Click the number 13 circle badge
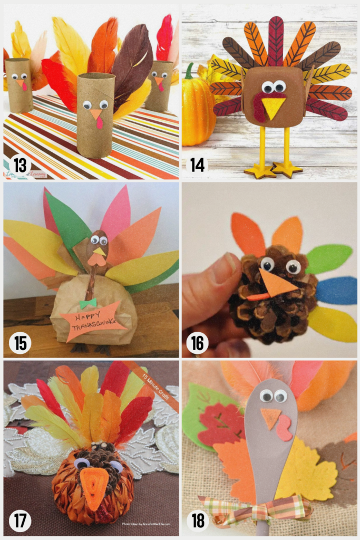point(20,165)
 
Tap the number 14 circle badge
point(198,165)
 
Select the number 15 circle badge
point(20,343)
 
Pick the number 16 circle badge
point(198,343)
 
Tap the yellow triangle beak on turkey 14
point(274,107)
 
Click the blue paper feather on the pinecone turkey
point(335,290)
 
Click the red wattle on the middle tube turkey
point(99,123)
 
